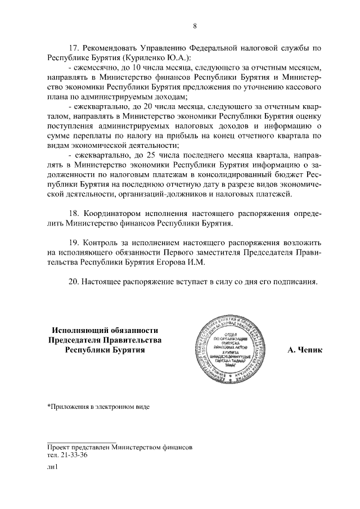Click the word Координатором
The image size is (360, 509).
[114, 214]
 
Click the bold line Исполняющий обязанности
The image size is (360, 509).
[105, 330]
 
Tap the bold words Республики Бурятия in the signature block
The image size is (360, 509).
[105, 350]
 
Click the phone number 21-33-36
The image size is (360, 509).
[75, 456]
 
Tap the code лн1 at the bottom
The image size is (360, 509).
[52, 466]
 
